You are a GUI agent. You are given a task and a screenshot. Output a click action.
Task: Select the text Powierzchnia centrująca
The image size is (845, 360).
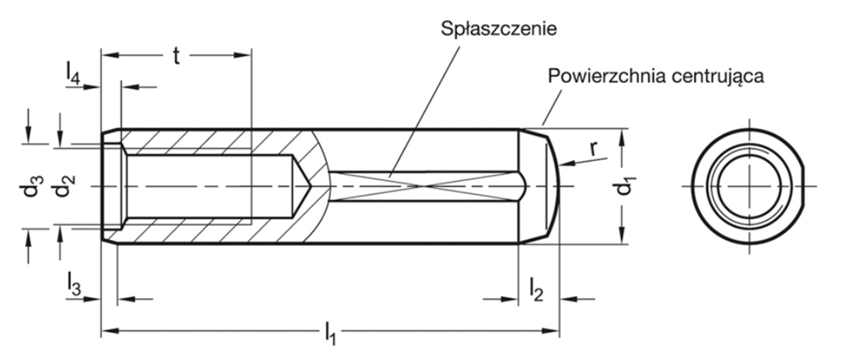655,77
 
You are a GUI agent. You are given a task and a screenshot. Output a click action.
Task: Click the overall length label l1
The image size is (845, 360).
330,334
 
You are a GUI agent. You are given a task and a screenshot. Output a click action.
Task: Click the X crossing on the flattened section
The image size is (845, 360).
424,186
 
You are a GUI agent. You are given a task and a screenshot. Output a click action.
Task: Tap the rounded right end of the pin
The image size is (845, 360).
553,186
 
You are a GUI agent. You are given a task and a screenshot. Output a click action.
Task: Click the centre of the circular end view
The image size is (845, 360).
749,186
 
